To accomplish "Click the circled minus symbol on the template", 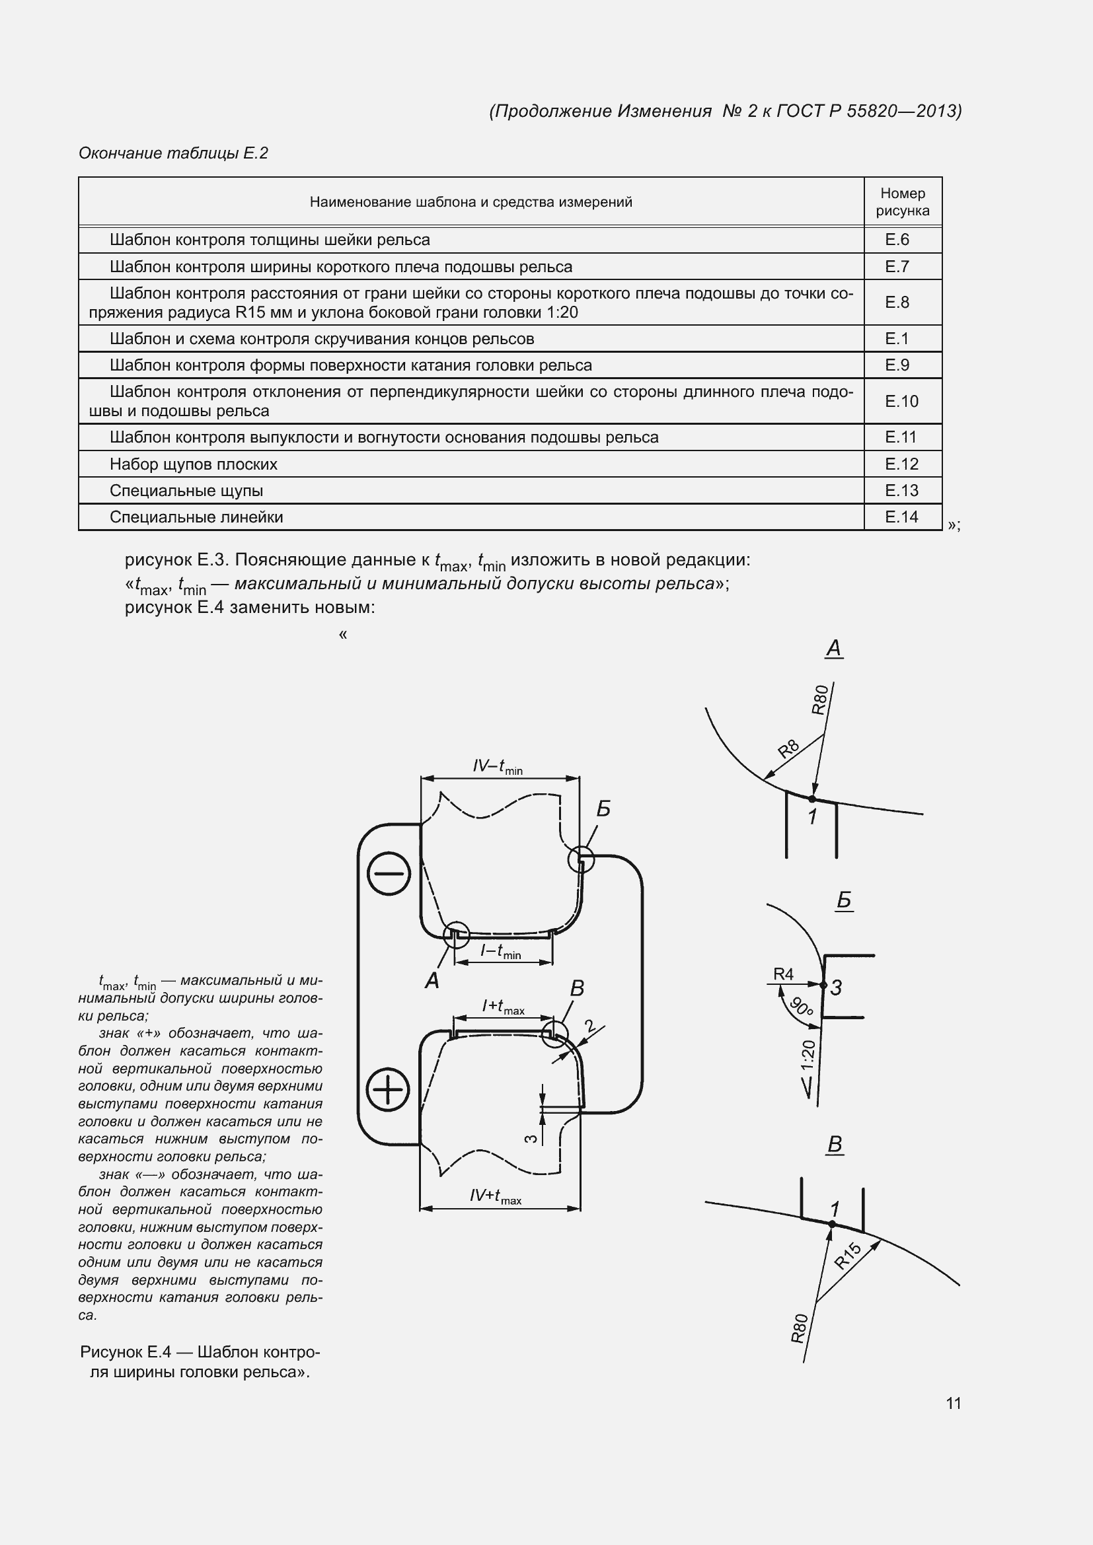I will coord(389,874).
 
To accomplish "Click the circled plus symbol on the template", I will coord(388,1089).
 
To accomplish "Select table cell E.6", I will coord(897,240).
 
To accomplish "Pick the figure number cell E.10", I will coord(901,401).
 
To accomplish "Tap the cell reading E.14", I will coord(901,517).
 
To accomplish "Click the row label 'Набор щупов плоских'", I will coord(193,464).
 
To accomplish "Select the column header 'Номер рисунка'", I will coord(902,202).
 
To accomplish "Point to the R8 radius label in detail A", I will coord(788,748).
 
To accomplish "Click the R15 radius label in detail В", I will coord(847,1255).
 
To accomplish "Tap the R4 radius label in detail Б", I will coord(784,974).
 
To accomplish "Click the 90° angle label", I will coord(802,1007).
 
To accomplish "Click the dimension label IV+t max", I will coord(496,1196).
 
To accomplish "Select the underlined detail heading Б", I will coord(844,900).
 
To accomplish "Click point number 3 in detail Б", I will coord(837,988).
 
